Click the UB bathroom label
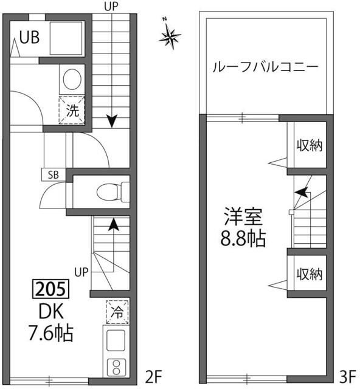(x=29, y=38)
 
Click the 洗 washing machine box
(x=72, y=110)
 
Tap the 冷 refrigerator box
(x=117, y=312)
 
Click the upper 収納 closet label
(x=309, y=145)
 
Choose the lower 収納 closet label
(x=309, y=274)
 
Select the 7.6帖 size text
(x=51, y=333)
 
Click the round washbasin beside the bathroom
(x=72, y=80)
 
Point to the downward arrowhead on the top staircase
(x=111, y=122)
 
